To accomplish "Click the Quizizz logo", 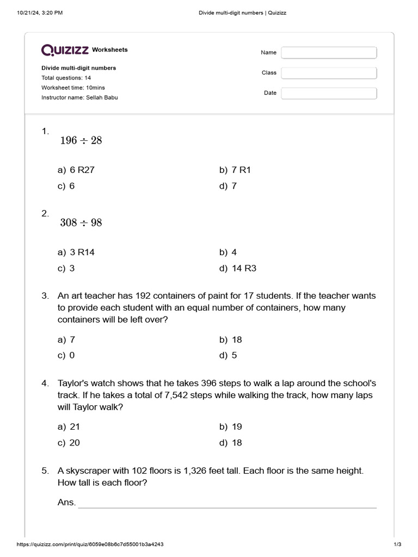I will point(65,50).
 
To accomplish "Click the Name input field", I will point(329,53).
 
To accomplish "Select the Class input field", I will point(329,73).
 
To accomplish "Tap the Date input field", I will point(329,93).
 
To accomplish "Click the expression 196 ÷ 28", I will point(81,141).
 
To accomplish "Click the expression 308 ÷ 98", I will point(81,223).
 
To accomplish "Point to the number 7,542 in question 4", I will point(179,395).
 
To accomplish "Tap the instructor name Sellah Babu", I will point(101,97).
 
